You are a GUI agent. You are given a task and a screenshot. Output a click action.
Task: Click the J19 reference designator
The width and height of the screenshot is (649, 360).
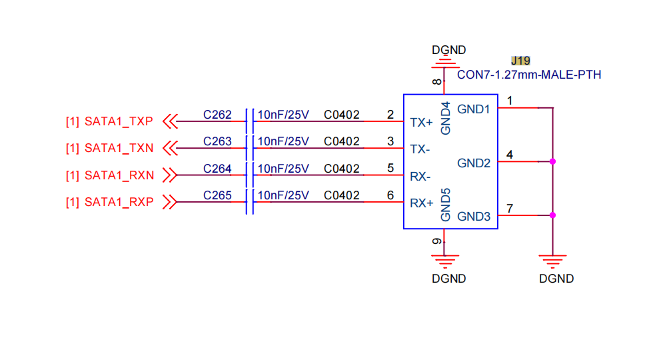[520, 61]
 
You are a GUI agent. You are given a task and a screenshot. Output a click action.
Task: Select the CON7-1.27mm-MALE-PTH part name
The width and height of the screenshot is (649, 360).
[529, 75]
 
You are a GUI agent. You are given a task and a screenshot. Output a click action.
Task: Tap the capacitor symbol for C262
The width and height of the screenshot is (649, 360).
[250, 121]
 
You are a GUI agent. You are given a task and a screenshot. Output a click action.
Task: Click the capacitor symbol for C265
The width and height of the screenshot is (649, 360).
[250, 202]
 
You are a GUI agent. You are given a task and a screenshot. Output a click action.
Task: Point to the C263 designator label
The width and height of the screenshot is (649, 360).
[217, 141]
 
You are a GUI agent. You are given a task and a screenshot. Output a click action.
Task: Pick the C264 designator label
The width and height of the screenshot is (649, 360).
[217, 169]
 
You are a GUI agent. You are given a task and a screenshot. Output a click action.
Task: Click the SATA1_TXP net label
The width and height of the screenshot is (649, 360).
[119, 121]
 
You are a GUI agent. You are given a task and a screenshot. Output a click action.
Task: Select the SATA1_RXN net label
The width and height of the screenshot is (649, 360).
[119, 175]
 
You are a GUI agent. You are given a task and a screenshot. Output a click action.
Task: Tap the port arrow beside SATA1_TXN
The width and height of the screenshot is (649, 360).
[170, 148]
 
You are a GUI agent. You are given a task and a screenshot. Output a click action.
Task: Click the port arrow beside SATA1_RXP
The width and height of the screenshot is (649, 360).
[170, 202]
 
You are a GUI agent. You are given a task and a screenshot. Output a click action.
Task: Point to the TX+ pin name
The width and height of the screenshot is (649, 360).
[421, 123]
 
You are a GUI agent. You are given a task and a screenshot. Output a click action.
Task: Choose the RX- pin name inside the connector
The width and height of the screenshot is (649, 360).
[420, 177]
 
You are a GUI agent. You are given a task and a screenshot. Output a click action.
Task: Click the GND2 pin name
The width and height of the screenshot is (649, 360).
[474, 163]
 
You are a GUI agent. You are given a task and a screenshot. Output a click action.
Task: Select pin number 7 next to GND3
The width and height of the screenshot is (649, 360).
[510, 209]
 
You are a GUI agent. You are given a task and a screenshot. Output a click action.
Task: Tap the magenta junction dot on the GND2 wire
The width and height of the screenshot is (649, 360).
[552, 161]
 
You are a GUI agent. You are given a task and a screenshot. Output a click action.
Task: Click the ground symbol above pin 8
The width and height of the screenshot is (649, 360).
[444, 63]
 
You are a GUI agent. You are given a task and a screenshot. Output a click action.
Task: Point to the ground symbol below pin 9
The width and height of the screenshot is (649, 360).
[444, 261]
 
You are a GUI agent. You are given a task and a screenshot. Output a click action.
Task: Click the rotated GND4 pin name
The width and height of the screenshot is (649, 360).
[445, 119]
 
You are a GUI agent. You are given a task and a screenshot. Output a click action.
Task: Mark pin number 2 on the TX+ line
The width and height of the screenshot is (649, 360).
[390, 115]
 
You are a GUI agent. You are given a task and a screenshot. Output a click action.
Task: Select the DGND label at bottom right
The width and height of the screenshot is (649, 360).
[556, 279]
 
